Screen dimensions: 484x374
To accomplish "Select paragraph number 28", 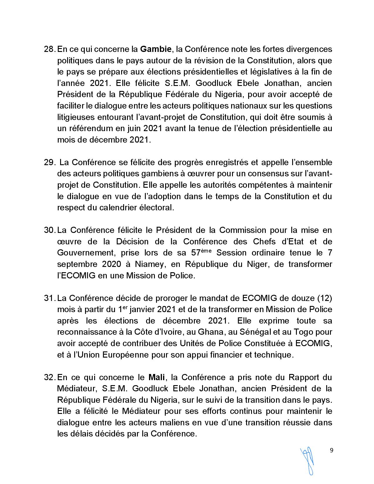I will coord(49,49).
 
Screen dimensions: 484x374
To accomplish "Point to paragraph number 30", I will coord(49,230).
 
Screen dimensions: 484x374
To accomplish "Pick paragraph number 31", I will coord(49,298).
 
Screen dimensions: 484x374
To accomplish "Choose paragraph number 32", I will coord(49,377).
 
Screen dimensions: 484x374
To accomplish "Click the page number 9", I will coord(331,451).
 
